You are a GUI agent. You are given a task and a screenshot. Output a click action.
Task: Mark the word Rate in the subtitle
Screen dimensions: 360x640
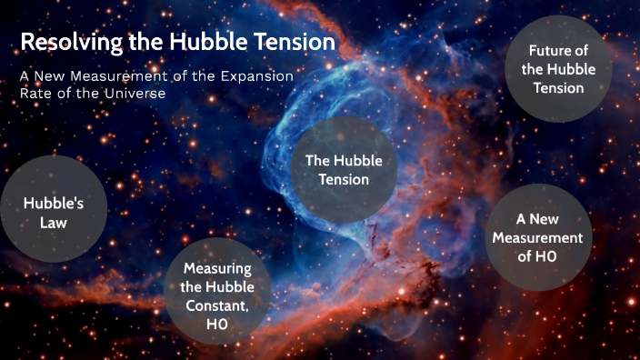click(x=36, y=93)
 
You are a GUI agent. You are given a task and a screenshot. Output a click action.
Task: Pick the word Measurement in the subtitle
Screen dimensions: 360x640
click(x=123, y=76)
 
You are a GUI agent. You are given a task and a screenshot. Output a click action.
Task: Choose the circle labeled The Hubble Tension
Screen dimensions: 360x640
click(x=344, y=170)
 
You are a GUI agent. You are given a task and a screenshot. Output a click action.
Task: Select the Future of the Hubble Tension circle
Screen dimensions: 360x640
click(x=558, y=69)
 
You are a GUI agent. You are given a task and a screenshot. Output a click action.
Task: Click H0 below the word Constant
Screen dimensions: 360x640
click(x=217, y=323)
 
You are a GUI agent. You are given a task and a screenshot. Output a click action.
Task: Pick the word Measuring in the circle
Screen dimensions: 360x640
click(x=217, y=268)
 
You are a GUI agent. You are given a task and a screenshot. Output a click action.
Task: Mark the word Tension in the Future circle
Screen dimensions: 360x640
click(x=558, y=88)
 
